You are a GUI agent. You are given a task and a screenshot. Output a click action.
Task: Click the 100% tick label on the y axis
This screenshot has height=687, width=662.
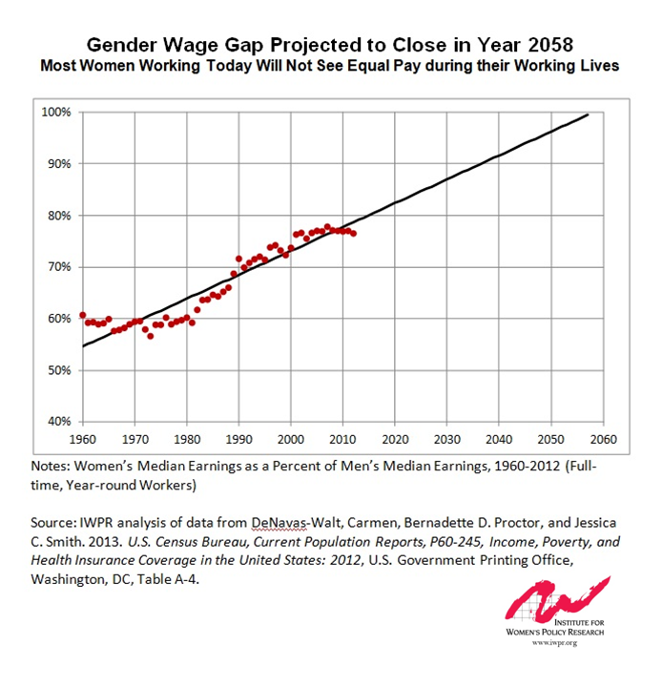[x=56, y=113]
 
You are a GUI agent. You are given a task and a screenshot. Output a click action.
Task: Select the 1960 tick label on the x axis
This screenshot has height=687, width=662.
[x=83, y=441]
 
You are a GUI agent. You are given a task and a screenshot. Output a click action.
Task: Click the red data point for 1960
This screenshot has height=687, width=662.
[x=83, y=315]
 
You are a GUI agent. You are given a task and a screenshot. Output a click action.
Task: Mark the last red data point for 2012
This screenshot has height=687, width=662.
[x=353, y=233]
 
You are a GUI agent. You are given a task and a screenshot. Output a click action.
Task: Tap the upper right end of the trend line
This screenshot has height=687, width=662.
[x=588, y=114]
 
